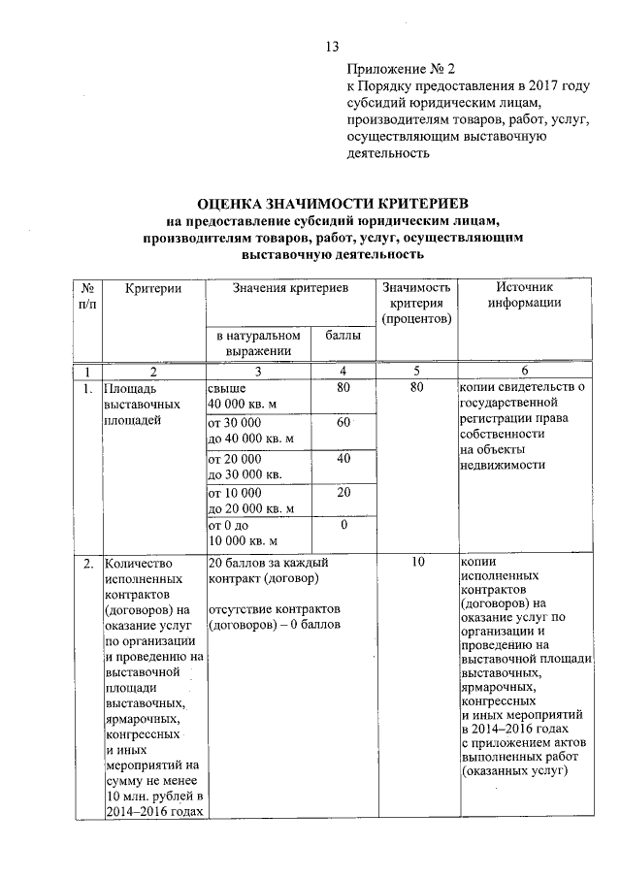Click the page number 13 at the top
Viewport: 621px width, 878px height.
pos(332,46)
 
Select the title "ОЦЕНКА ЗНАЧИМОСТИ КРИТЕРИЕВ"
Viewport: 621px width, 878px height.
pos(333,205)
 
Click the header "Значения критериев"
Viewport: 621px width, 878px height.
pos(290,287)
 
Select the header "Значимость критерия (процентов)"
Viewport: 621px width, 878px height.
pos(417,303)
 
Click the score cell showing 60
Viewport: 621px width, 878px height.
pos(343,423)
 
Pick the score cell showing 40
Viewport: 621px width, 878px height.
pos(343,458)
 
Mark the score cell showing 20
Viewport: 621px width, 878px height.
pos(343,492)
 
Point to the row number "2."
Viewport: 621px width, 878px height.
pos(88,563)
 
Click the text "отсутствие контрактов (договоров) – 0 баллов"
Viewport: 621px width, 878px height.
pos(275,616)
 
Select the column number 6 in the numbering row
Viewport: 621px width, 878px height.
pos(525,372)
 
